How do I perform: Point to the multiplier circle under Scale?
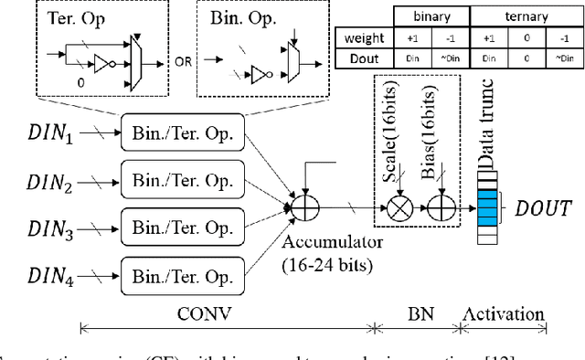tap(399, 208)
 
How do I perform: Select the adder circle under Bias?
tap(445, 208)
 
